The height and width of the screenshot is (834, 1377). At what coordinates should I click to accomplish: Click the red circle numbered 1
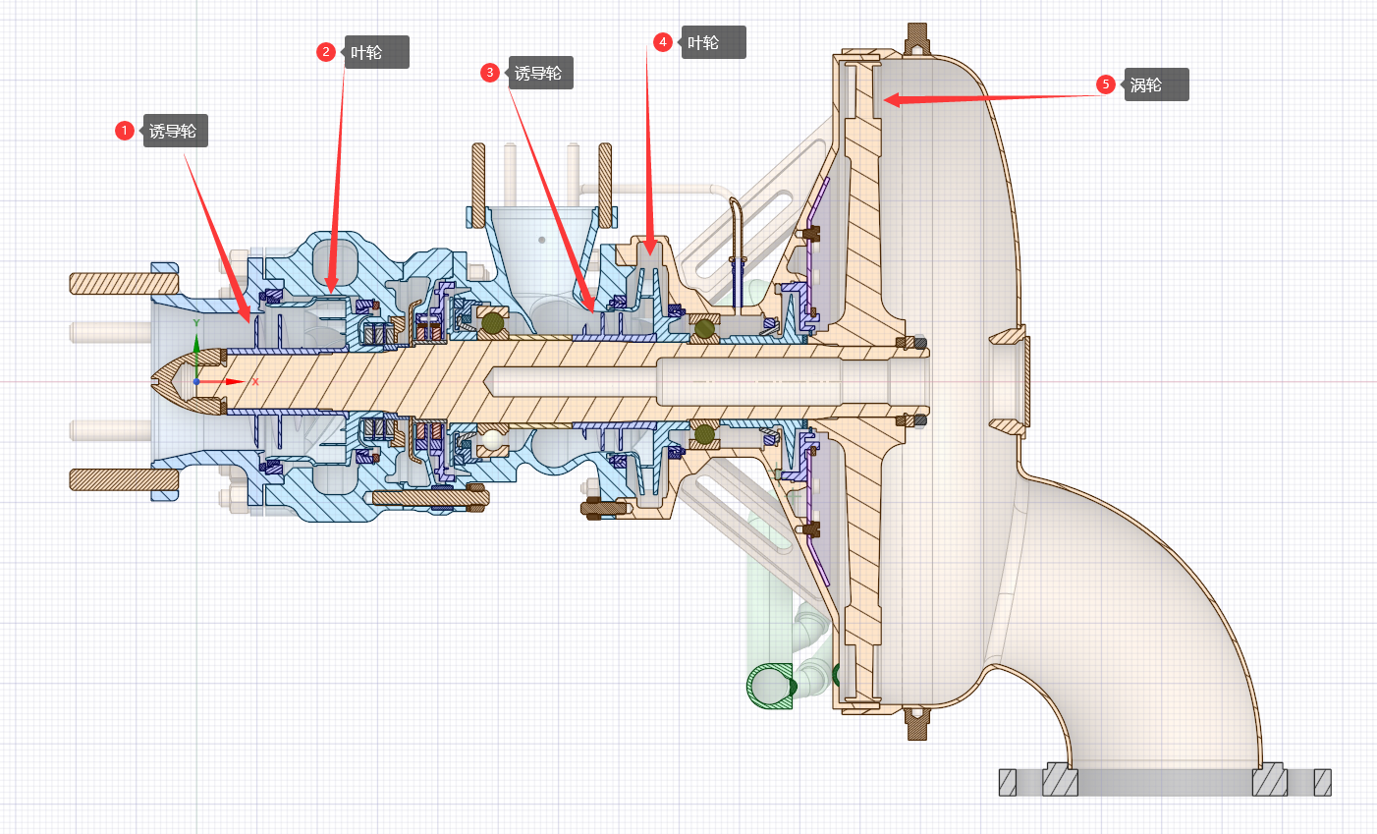124,131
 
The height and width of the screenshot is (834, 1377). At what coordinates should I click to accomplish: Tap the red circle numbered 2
326,52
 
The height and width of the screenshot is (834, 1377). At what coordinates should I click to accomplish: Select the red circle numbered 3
490,73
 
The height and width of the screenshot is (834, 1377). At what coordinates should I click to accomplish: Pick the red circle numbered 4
663,42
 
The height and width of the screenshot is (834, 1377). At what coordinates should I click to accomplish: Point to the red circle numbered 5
1106,84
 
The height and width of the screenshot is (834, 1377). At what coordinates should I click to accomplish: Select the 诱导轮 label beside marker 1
175,131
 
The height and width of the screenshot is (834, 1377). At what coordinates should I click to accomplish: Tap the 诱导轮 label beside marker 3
540,73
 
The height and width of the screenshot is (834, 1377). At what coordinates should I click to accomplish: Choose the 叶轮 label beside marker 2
375,52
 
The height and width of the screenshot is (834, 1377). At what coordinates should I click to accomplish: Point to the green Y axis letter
196,323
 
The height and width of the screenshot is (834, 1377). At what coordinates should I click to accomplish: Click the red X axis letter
255,381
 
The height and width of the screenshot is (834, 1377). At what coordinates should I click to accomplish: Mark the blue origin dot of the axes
196,381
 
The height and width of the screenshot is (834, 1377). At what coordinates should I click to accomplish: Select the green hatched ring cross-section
771,686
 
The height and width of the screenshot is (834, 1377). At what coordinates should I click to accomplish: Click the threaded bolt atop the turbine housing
917,40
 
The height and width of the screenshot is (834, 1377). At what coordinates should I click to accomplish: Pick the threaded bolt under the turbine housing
917,723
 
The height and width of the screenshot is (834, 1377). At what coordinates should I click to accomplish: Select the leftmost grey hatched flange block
1008,782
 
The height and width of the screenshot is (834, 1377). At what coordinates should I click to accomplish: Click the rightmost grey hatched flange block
1322,782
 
